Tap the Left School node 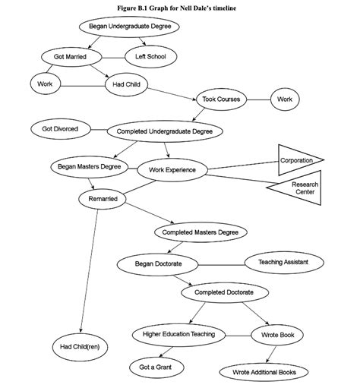point(150,57)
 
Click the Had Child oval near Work point(125,84)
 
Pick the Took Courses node point(221,99)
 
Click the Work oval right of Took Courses point(284,99)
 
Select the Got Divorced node point(60,128)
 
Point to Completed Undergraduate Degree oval point(169,131)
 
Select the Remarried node point(102,199)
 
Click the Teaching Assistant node point(286,262)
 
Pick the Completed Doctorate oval point(225,292)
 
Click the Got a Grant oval point(156,367)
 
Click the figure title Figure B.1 point(179,6)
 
